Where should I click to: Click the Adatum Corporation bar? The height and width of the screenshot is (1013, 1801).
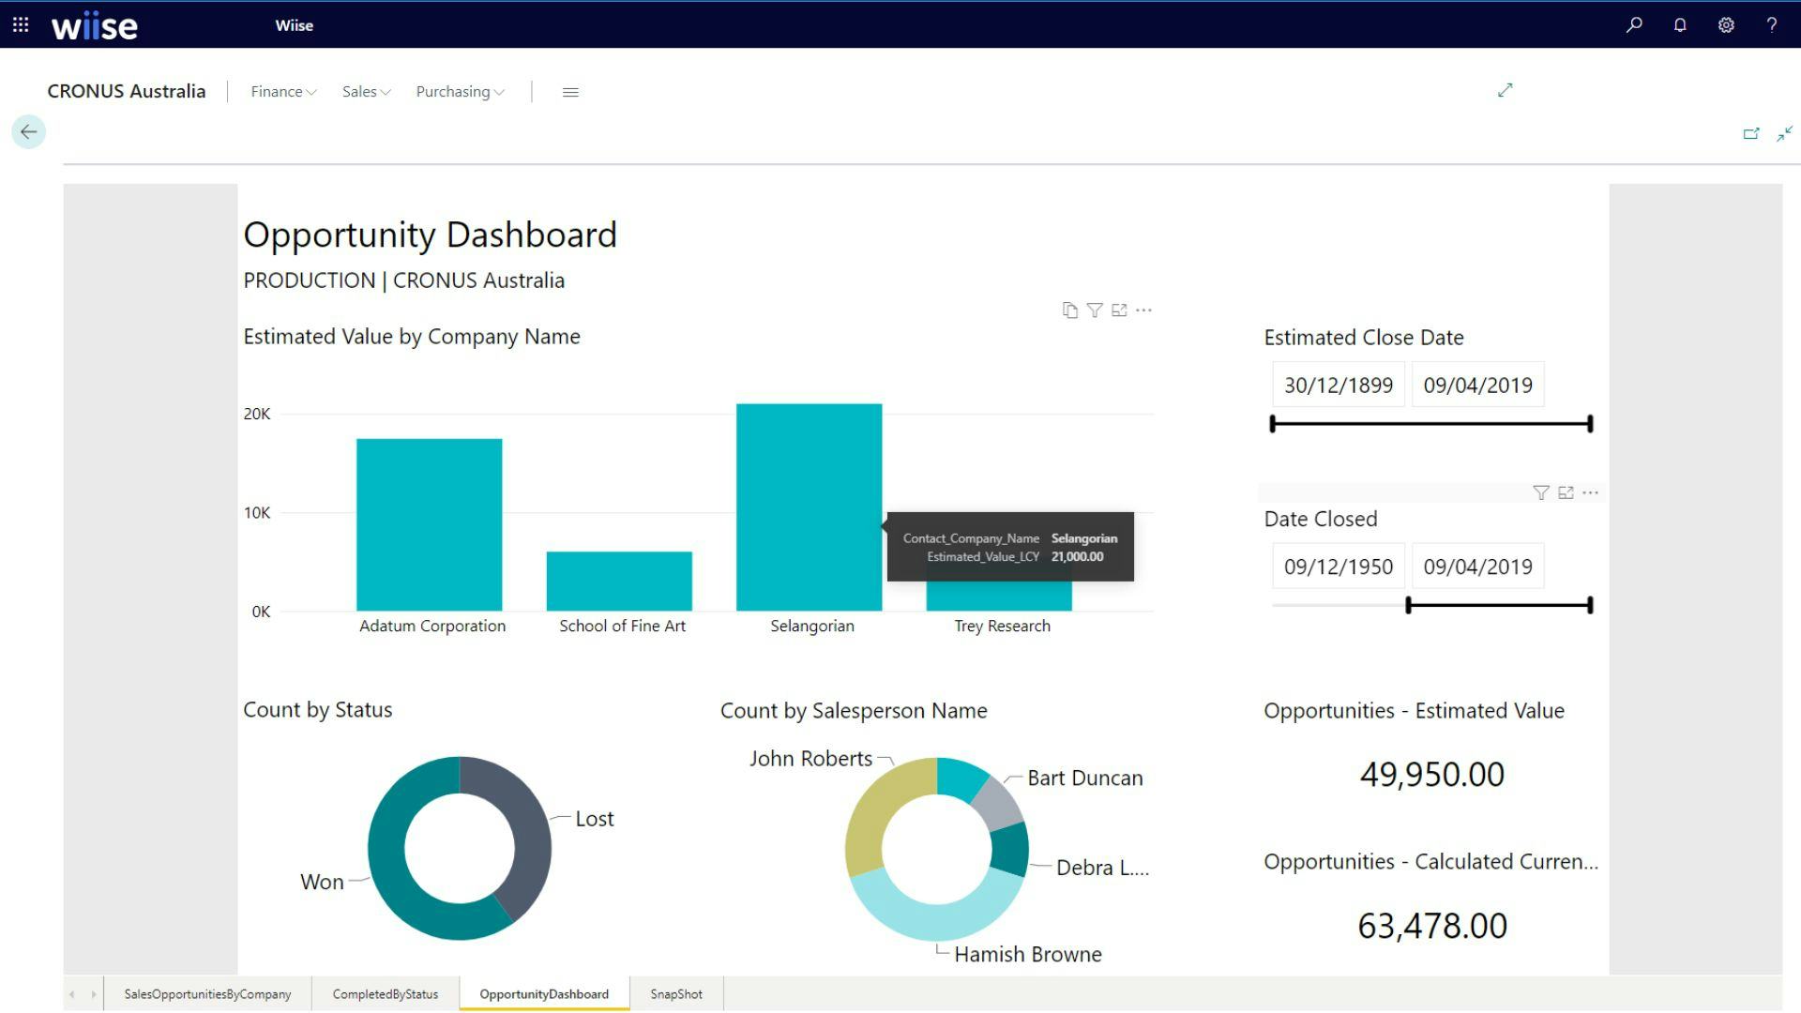pyautogui.click(x=429, y=524)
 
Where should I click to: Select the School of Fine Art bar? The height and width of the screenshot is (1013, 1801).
pyautogui.click(x=619, y=581)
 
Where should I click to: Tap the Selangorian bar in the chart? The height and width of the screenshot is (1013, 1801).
pyautogui.click(x=809, y=506)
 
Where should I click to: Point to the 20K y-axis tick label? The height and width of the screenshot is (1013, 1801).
pyautogui.click(x=257, y=414)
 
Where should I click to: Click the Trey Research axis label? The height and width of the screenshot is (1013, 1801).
pyautogui.click(x=1002, y=626)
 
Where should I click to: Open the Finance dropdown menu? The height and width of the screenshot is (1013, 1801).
pyautogui.click(x=283, y=92)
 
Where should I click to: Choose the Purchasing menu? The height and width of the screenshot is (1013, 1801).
pyautogui.click(x=460, y=92)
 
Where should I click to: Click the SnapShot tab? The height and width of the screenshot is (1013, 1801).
pyautogui.click(x=675, y=994)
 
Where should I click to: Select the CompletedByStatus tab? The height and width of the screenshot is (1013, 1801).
pyautogui.click(x=385, y=994)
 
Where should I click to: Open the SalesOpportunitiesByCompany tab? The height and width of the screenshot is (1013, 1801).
pyautogui.click(x=207, y=994)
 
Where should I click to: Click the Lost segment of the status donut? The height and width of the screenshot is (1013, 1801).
pyautogui.click(x=522, y=825)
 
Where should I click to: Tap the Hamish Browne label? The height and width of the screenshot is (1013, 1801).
pyautogui.click(x=1027, y=954)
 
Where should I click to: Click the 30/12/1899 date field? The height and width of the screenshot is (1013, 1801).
pyautogui.click(x=1338, y=386)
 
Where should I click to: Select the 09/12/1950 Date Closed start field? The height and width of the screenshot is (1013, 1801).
pyautogui.click(x=1338, y=567)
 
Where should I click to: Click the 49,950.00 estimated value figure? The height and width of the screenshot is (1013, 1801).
pyautogui.click(x=1431, y=775)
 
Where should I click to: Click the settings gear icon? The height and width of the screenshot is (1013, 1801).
pyautogui.click(x=1726, y=25)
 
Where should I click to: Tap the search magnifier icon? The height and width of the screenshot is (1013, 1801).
pyautogui.click(x=1634, y=25)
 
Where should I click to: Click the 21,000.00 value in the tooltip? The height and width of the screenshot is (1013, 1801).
pyautogui.click(x=1077, y=557)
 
